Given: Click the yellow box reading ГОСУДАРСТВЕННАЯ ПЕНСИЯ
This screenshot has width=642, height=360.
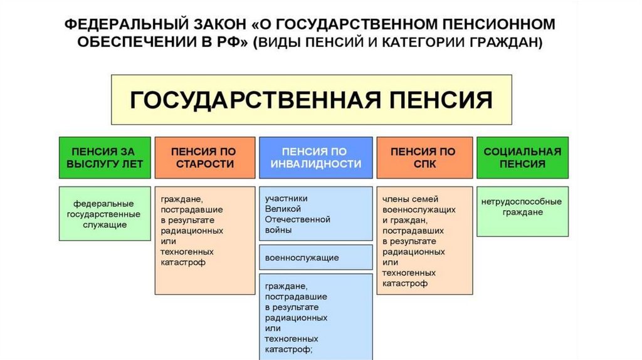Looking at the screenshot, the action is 312,99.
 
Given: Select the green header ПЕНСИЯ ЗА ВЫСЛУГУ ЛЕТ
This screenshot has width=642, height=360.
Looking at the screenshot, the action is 105,157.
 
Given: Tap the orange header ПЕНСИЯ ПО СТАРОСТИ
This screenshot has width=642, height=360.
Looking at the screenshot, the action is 204,157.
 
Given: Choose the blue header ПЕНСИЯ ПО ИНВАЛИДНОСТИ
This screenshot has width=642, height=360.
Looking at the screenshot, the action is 316,157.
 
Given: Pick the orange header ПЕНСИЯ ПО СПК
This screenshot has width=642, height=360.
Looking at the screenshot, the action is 424,157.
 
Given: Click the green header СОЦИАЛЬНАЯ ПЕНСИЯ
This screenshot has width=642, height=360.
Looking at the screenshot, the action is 522,157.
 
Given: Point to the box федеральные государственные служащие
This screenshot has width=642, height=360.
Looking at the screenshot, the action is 105,214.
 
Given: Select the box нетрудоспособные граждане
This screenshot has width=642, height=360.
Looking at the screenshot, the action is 522,211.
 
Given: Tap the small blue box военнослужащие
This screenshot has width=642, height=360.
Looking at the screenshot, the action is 316,257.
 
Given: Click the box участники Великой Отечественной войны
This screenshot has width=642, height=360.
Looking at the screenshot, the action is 316,214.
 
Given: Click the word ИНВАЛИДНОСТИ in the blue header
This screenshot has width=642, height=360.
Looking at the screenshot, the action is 317,164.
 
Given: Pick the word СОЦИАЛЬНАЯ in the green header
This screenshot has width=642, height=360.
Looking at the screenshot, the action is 522,151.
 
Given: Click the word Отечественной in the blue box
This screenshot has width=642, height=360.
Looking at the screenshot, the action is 298,220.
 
